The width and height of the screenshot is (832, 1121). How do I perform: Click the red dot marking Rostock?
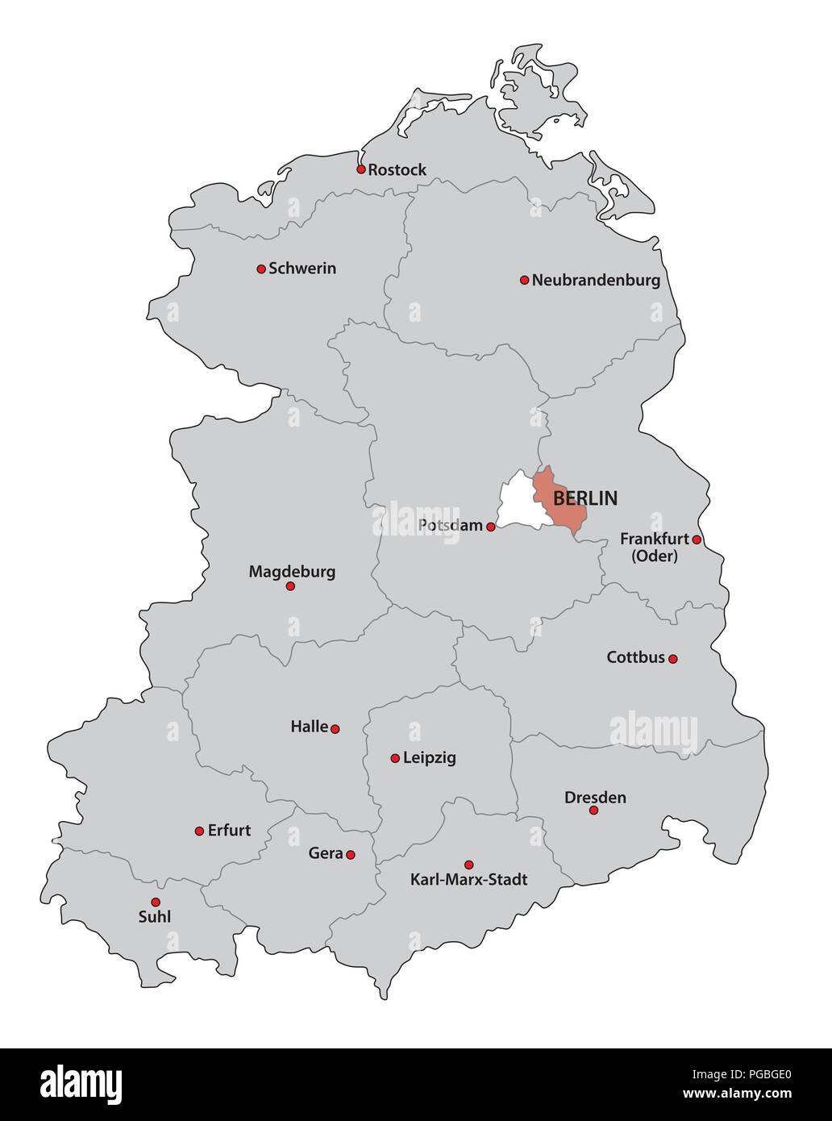(360, 169)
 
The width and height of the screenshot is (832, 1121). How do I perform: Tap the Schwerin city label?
(302, 268)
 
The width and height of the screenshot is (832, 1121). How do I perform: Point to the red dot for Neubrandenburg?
(524, 280)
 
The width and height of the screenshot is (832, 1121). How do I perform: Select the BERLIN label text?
(585, 498)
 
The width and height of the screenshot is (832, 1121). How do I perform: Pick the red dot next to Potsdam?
(490, 527)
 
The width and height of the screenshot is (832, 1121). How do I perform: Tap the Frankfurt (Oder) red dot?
(697, 540)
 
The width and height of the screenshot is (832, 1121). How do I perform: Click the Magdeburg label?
(292, 572)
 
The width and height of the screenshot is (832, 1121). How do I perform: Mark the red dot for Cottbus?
(673, 659)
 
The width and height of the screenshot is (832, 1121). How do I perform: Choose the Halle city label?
(310, 727)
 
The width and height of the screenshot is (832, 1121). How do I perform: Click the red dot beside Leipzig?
(395, 758)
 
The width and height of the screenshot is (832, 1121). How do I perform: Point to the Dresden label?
(595, 798)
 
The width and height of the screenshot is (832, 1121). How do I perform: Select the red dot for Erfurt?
(199, 831)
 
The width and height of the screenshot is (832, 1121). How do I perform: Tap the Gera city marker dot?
(351, 855)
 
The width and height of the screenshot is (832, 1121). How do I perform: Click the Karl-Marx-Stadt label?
(469, 880)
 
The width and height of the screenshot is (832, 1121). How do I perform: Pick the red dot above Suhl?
(156, 902)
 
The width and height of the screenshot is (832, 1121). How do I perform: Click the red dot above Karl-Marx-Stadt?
(469, 865)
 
